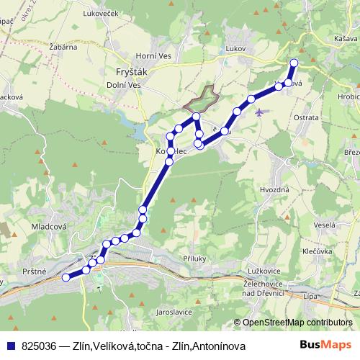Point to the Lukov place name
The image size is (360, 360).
pos(235,49)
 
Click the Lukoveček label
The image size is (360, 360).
pos(100,13)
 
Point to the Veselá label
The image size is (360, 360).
pos(324,225)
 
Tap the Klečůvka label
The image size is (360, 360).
pos(318,253)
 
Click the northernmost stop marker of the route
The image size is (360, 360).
pos(293,63)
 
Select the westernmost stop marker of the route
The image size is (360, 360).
pos(66,277)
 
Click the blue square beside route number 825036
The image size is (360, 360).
pos(11,346)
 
